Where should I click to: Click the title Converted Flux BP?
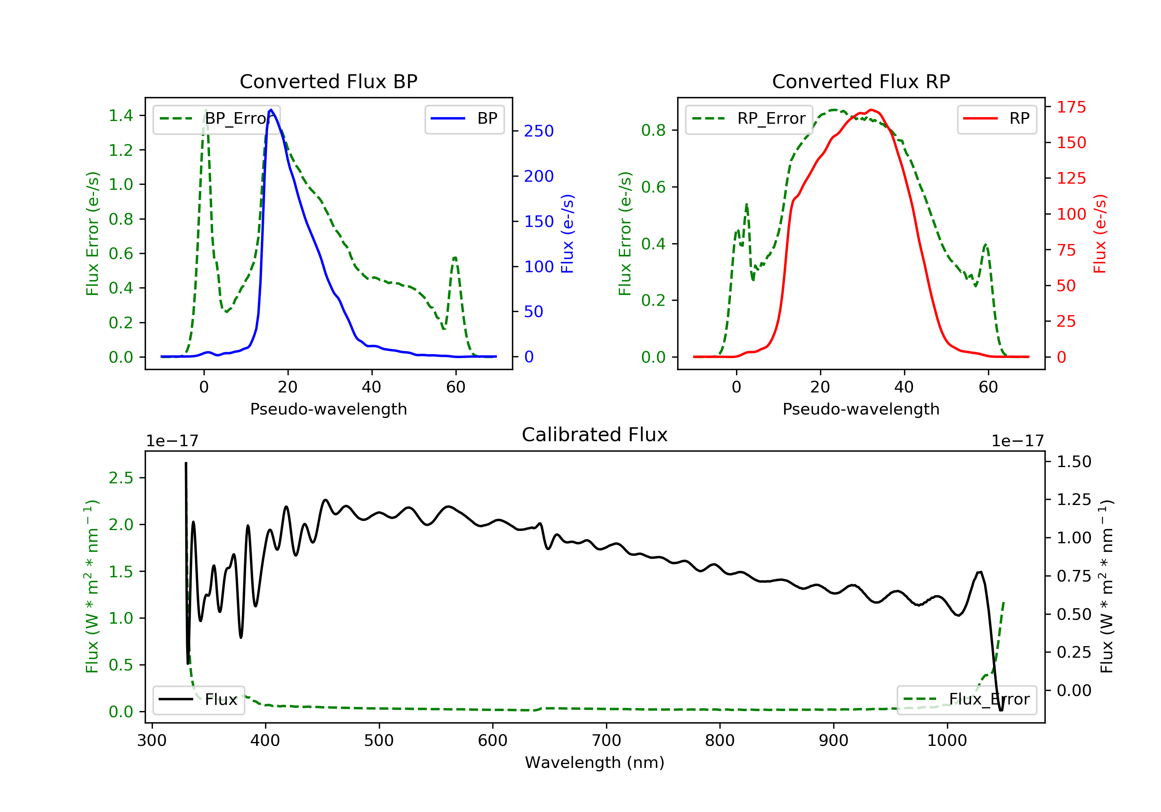(328, 81)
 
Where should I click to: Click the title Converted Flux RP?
(861, 81)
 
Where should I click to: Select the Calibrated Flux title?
(595, 435)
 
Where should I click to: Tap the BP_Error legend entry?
(216, 119)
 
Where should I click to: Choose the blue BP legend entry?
(464, 119)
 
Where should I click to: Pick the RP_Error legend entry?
(749, 119)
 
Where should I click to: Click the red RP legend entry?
(997, 119)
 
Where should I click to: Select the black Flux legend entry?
(198, 699)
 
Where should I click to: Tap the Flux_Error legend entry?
(966, 699)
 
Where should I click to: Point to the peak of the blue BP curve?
(271, 110)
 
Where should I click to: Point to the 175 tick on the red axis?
(1071, 107)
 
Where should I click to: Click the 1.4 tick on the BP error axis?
(121, 115)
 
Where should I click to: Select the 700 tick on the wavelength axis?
(606, 740)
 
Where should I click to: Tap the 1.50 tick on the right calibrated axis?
(1074, 461)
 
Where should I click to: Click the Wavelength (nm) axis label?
(595, 763)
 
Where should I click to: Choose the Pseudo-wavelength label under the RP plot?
(861, 409)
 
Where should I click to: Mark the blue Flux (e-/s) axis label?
(567, 234)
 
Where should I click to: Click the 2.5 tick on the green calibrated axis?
(121, 478)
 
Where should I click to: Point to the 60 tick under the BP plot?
(455, 387)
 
